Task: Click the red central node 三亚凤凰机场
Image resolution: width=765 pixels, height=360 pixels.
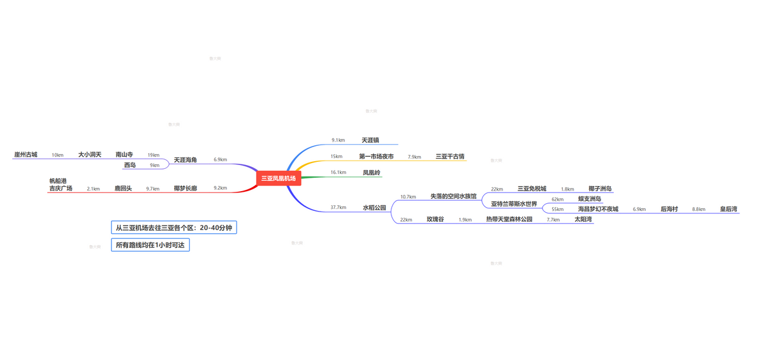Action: pyautogui.click(x=278, y=178)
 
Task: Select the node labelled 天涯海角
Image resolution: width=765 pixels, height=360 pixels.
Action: pyautogui.click(x=186, y=159)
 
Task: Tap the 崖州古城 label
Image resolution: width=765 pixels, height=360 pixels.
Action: pyautogui.click(x=25, y=155)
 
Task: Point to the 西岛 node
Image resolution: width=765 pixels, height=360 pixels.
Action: pyautogui.click(x=130, y=165)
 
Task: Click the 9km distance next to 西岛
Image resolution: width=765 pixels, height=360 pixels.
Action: pyautogui.click(x=154, y=166)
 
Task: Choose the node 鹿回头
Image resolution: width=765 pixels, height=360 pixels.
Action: pyautogui.click(x=123, y=189)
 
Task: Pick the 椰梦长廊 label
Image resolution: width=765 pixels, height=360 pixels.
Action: pyautogui.click(x=186, y=189)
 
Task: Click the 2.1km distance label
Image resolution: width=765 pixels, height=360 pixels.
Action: pyautogui.click(x=93, y=189)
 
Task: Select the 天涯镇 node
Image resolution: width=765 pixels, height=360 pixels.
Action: pyautogui.click(x=370, y=140)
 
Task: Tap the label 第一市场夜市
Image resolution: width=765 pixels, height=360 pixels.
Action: pyautogui.click(x=376, y=156)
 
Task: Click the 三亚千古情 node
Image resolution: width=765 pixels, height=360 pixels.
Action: pyautogui.click(x=450, y=156)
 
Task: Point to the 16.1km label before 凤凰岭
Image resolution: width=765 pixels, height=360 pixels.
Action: pyautogui.click(x=338, y=173)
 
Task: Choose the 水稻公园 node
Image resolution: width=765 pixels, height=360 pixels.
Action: pyautogui.click(x=374, y=207)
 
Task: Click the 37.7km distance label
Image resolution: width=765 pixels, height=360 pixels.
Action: pyautogui.click(x=338, y=208)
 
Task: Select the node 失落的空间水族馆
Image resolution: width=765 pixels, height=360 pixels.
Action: pyautogui.click(x=453, y=196)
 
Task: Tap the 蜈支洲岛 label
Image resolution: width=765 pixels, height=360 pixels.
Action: pyautogui.click(x=590, y=199)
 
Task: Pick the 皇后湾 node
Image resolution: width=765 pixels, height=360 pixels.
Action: pyautogui.click(x=729, y=209)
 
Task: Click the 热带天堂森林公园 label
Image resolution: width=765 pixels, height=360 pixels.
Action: pyautogui.click(x=509, y=219)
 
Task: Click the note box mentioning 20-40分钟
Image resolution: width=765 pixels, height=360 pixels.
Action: pyautogui.click(x=173, y=227)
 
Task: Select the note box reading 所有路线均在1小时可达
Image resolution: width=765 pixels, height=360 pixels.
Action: pyautogui.click(x=150, y=245)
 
